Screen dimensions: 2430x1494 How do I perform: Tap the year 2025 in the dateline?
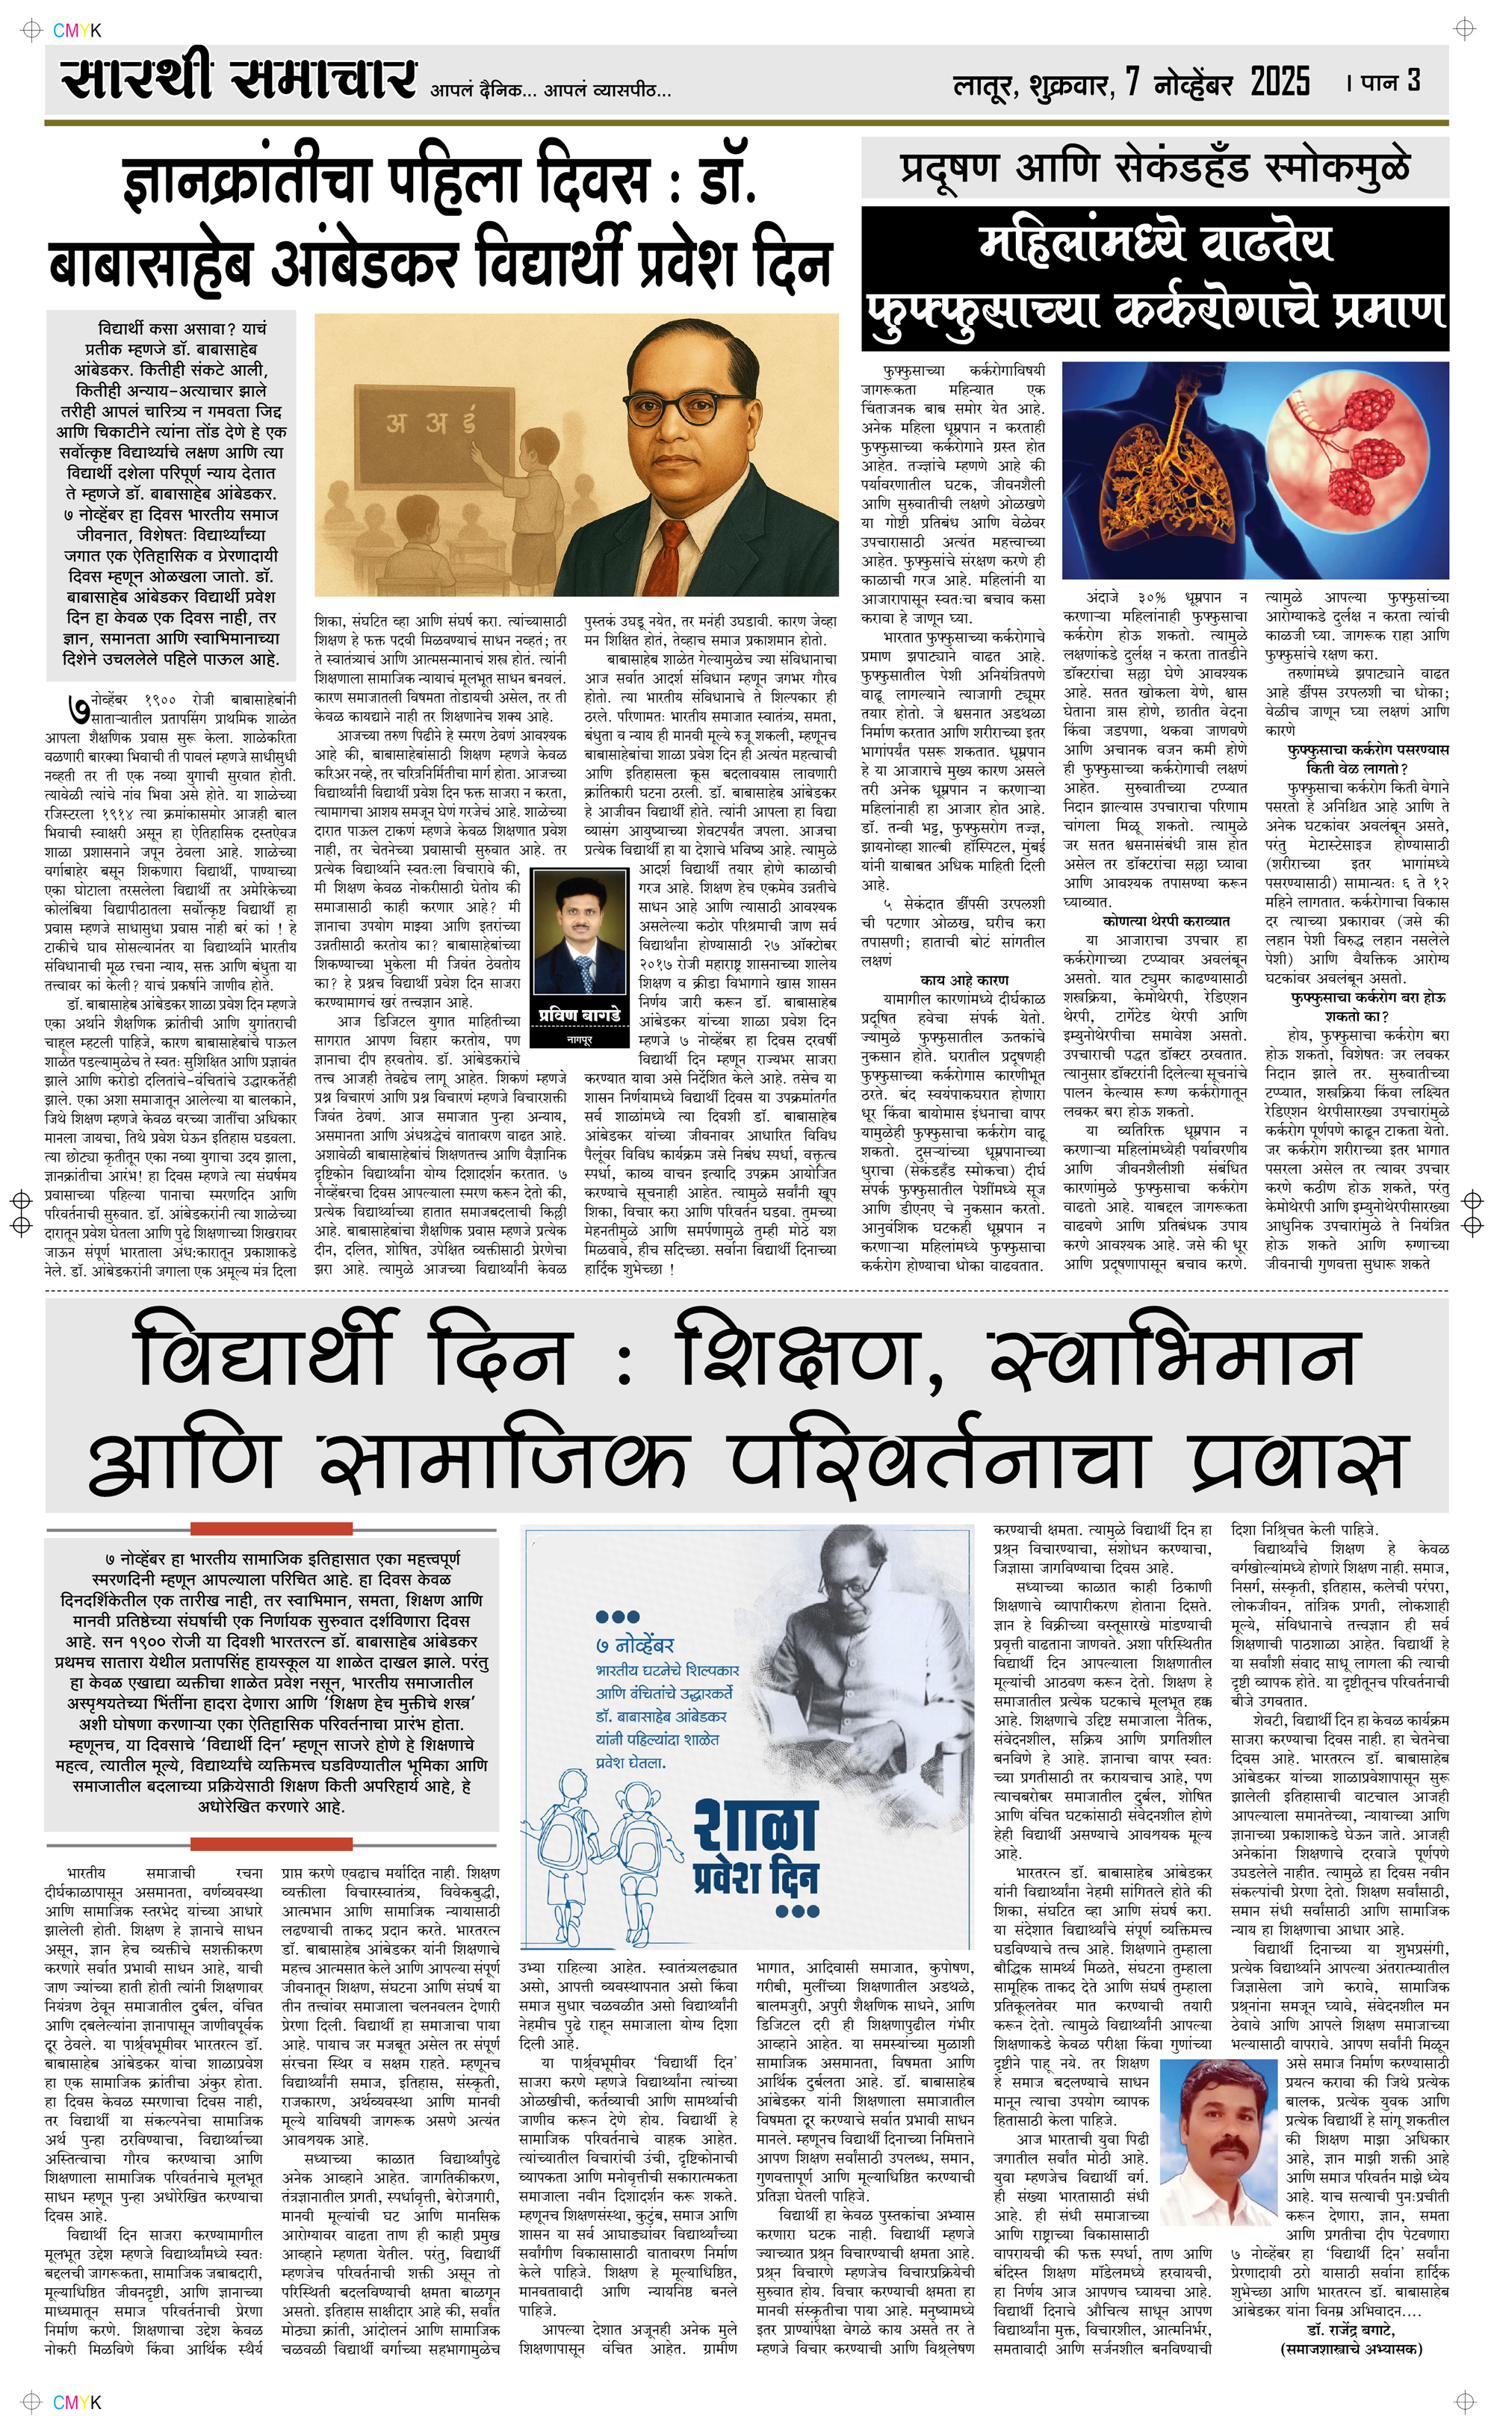pos(1280,81)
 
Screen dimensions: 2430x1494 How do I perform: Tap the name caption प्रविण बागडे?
pos(579,1014)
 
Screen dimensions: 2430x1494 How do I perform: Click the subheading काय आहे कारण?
pos(964,980)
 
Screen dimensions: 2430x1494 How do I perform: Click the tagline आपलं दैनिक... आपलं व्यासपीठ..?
pos(551,91)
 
